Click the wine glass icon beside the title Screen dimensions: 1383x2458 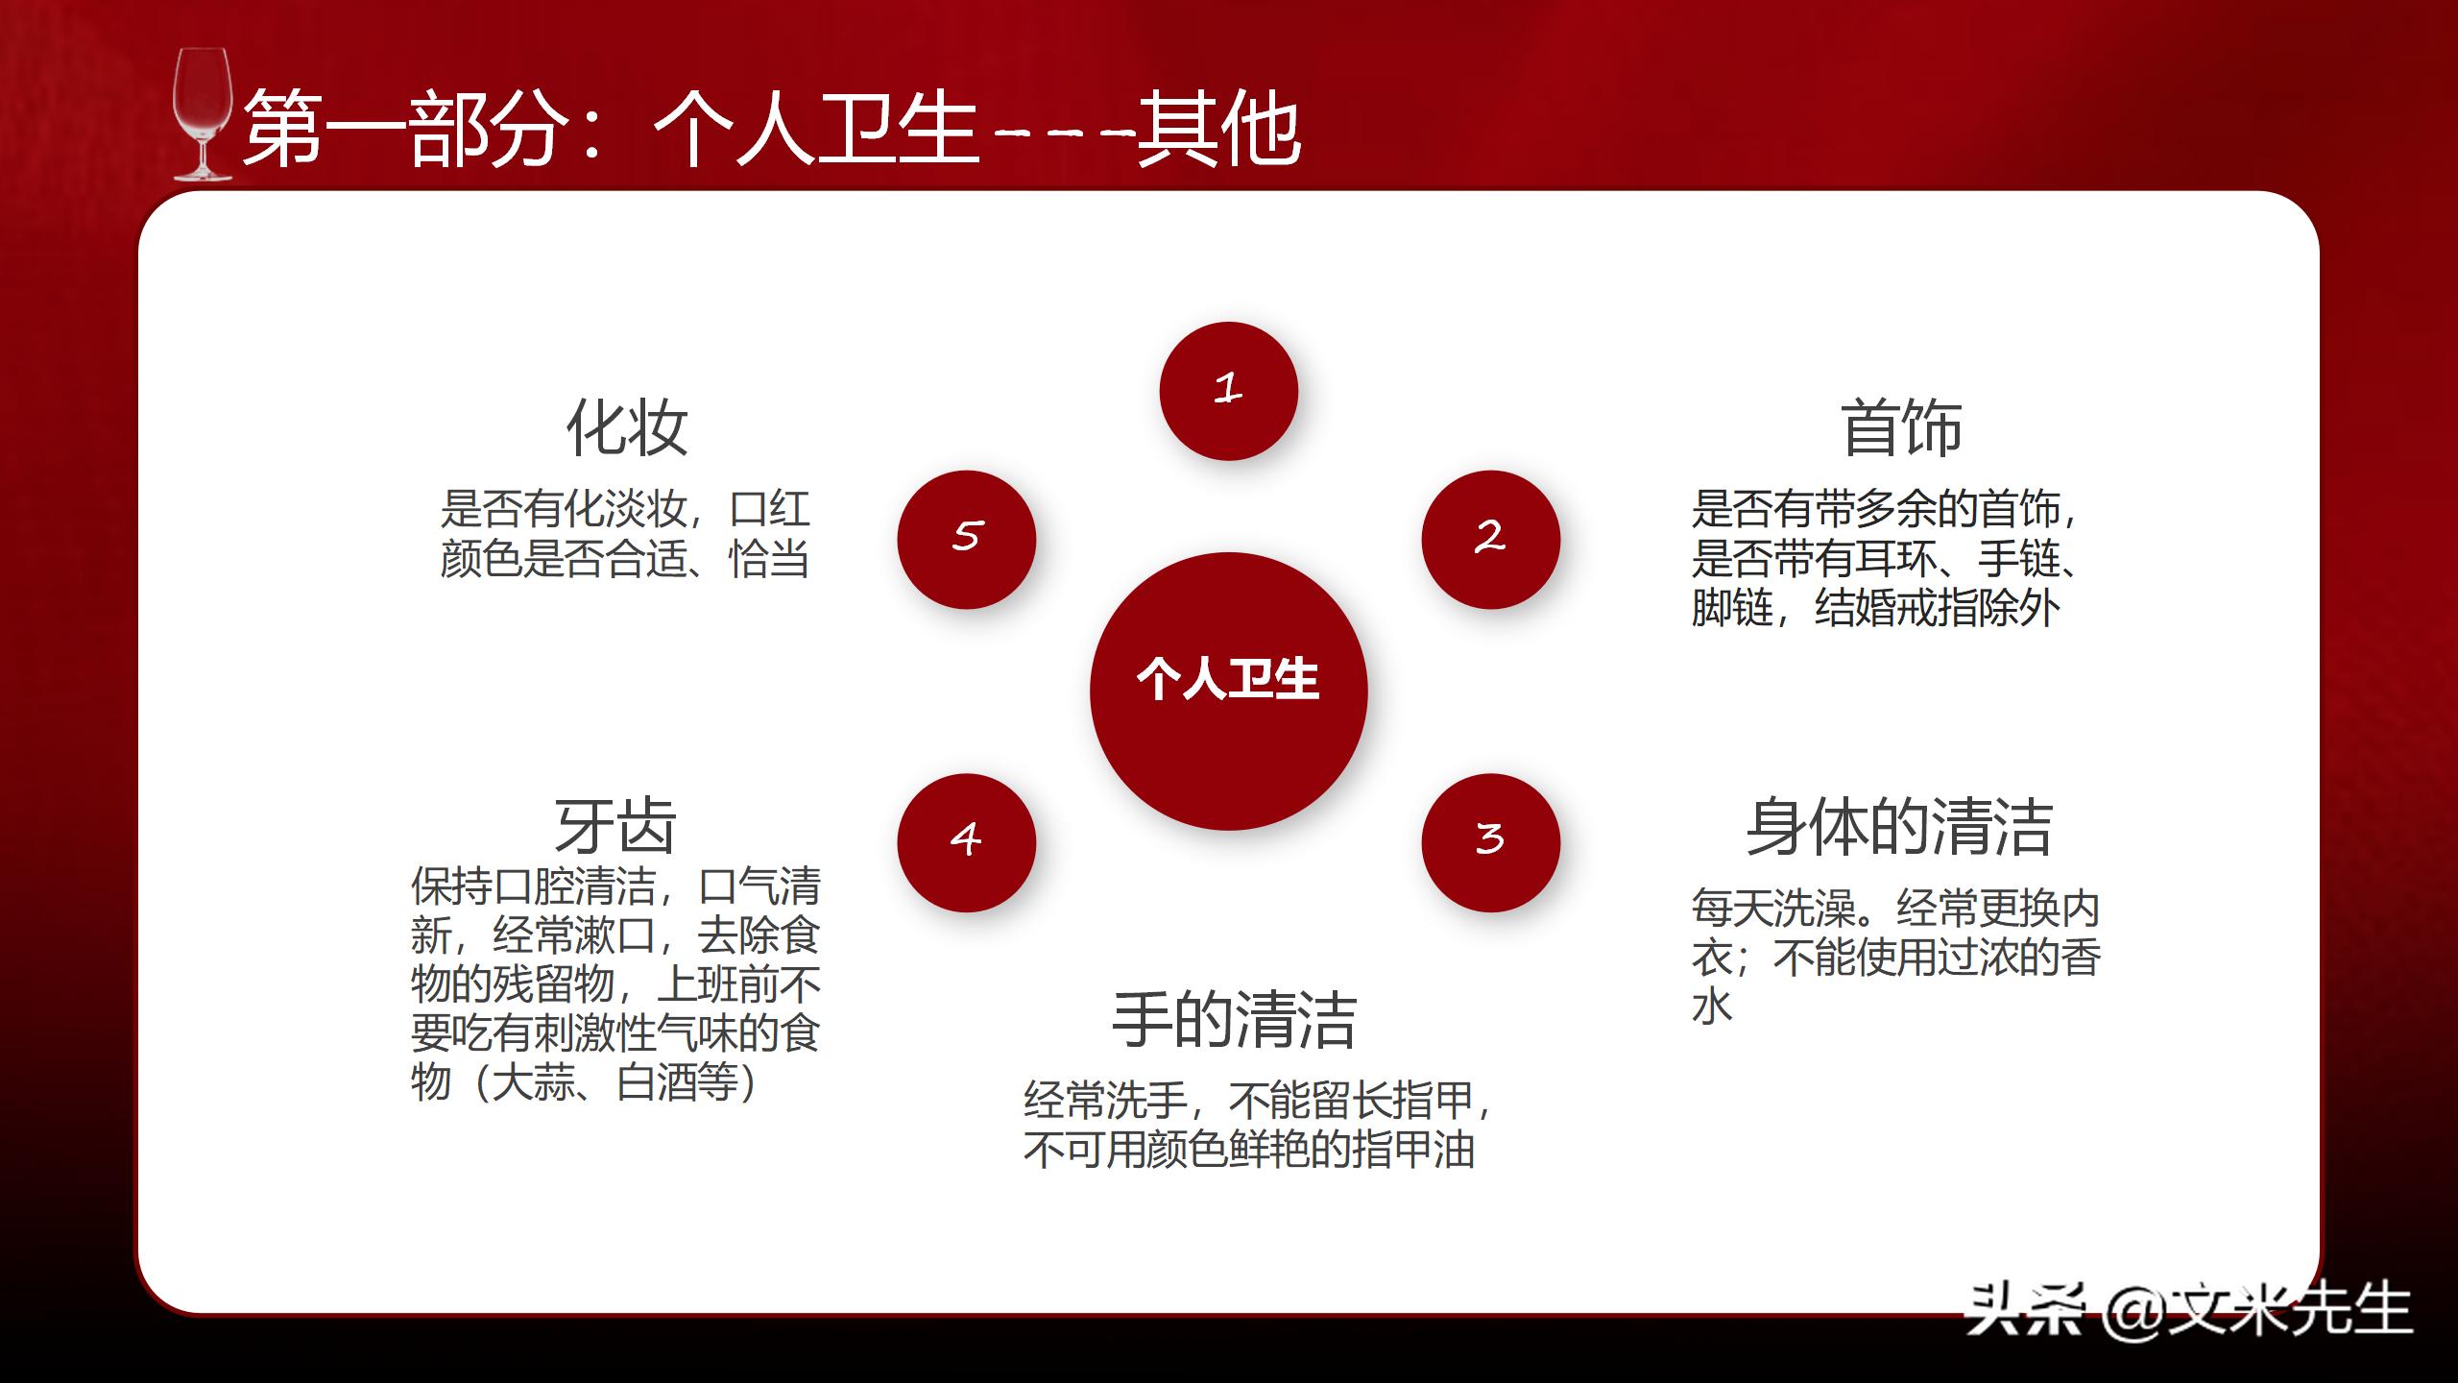202,115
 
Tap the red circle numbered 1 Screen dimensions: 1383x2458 1228,391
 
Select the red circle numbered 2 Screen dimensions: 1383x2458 1490,539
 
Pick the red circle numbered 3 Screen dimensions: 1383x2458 1490,842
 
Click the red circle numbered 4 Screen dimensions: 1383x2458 966,842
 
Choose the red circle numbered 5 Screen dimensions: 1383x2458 966,539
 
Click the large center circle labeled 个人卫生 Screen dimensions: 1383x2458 1228,691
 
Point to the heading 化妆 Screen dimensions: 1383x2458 626,427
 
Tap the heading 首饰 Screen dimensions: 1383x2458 1901,427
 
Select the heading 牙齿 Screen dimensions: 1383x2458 615,826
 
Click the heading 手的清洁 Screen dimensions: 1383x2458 1234,1020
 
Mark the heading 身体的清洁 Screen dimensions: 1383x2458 1899,826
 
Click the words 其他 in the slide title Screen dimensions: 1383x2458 1219,130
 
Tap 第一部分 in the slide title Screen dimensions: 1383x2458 403,130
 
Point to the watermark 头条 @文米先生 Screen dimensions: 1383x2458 2189,1308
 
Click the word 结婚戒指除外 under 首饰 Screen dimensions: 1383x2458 1938,608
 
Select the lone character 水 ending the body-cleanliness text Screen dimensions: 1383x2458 1712,1007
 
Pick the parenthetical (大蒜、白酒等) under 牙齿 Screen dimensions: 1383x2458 614,1082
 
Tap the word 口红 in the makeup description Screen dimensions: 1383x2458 770,509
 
